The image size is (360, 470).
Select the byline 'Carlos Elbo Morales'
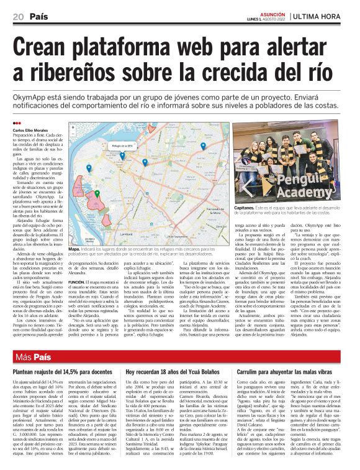pyautogui.click(x=29, y=131)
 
